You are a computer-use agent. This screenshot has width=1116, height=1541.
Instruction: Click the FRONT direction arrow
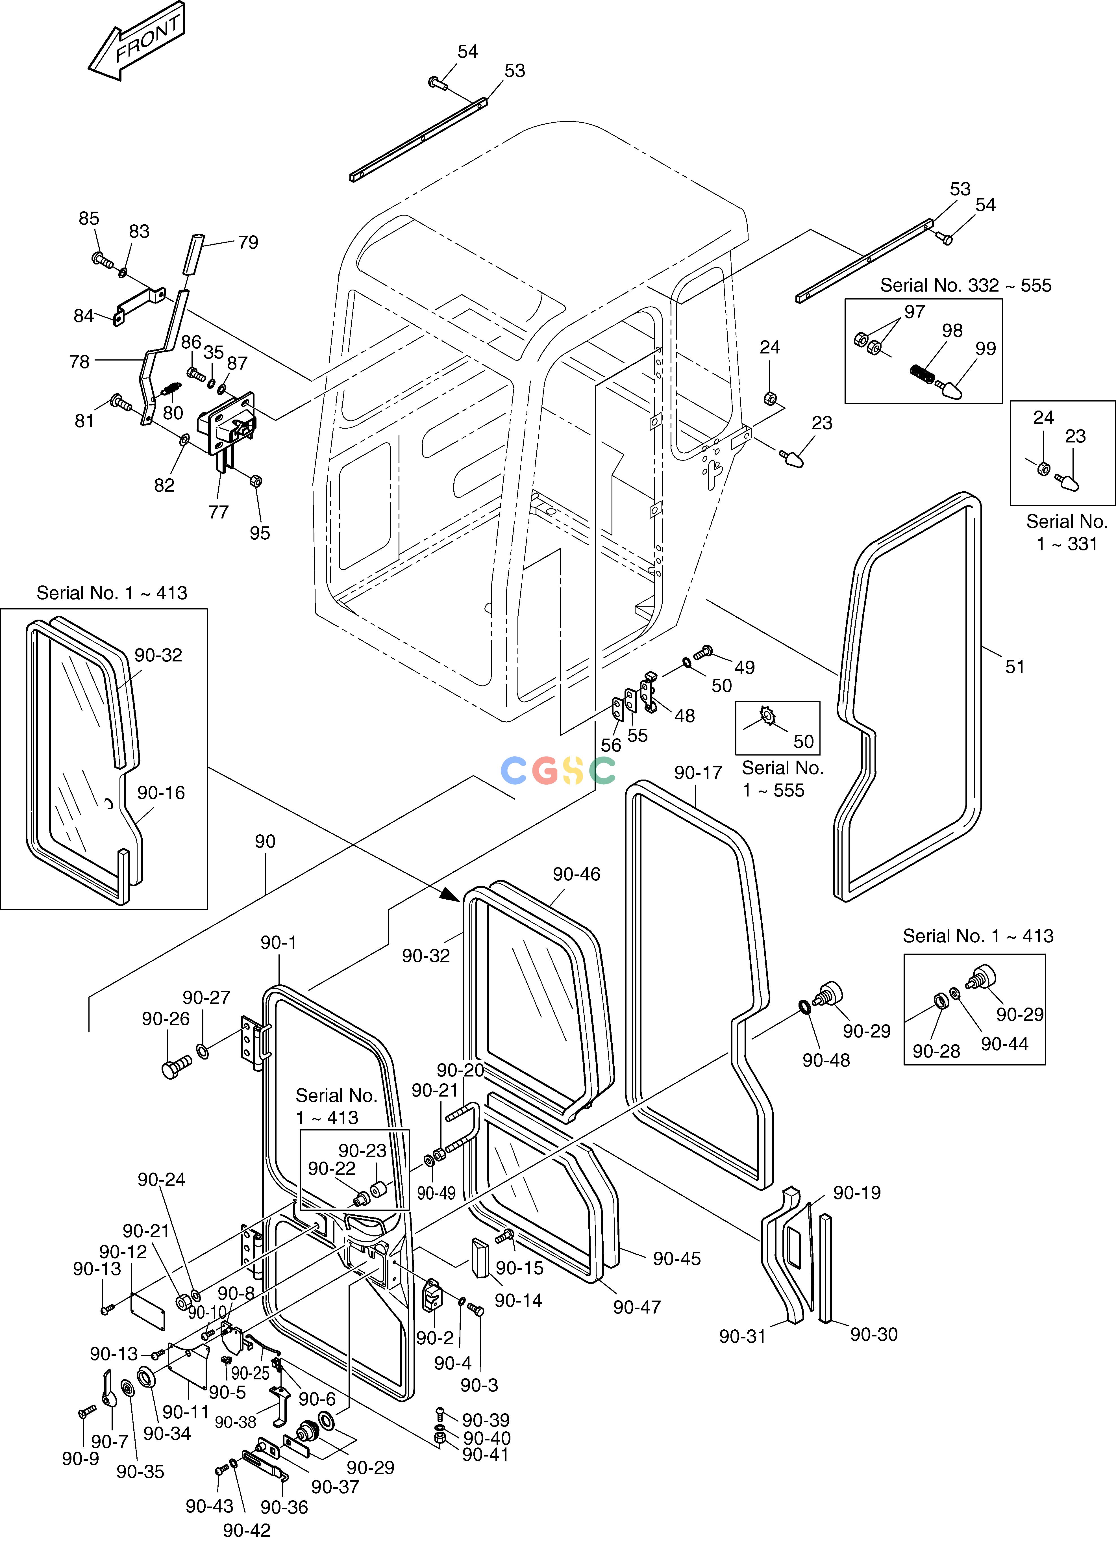click(136, 42)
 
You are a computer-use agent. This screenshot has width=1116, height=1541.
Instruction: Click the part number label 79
click(248, 242)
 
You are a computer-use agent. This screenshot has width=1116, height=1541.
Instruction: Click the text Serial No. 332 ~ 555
click(966, 285)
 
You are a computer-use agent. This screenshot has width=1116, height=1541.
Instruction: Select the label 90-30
click(874, 1334)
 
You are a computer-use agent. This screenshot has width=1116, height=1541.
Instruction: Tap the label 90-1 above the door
click(279, 942)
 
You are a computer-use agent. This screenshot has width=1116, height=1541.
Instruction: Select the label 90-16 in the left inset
click(161, 793)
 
